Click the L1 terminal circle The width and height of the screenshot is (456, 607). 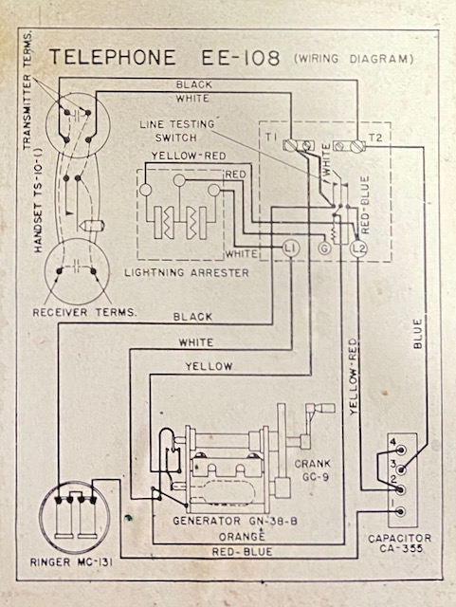(290, 248)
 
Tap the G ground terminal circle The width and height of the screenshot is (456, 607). (324, 248)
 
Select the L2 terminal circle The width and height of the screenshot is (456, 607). (358, 248)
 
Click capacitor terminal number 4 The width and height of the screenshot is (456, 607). (401, 450)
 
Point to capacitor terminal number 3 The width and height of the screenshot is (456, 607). (401, 469)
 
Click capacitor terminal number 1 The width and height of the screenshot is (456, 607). (401, 511)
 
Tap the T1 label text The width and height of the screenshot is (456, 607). (271, 137)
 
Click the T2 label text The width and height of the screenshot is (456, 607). (374, 138)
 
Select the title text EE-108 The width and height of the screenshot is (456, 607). (240, 58)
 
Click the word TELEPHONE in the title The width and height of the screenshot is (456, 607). (113, 57)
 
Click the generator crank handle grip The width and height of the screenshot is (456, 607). (326, 409)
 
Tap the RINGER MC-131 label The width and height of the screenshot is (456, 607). (72, 562)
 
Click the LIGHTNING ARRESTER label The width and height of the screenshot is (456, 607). (187, 272)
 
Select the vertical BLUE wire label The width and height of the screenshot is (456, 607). (418, 334)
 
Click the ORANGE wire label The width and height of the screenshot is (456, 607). (242, 537)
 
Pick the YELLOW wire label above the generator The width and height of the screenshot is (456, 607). (209, 366)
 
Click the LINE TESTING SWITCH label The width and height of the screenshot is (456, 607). (177, 131)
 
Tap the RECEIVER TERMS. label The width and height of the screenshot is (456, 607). (84, 312)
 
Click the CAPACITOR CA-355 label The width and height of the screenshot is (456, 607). (399, 543)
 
